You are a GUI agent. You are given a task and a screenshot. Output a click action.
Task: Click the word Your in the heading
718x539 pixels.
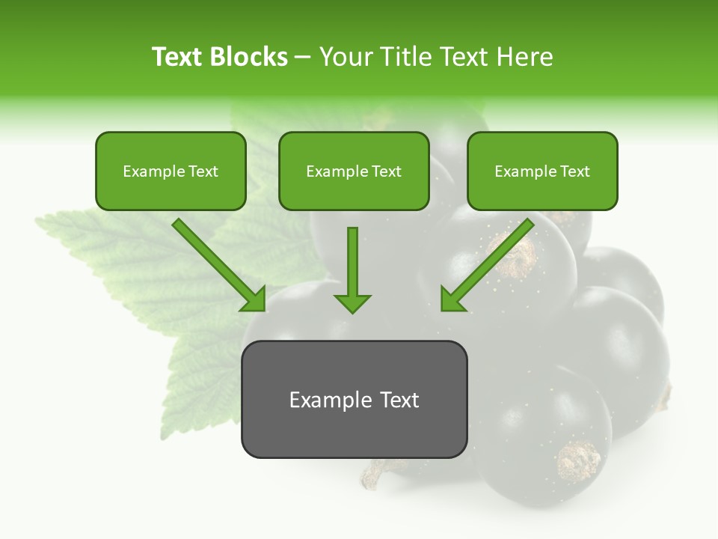[343, 57]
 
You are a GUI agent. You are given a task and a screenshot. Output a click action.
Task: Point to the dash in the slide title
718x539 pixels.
[303, 58]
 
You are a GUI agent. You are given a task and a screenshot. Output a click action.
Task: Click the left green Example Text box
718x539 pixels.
[171, 171]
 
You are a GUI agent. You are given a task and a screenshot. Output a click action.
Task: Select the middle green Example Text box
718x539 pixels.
[354, 171]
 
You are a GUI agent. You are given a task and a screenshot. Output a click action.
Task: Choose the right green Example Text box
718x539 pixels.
[542, 171]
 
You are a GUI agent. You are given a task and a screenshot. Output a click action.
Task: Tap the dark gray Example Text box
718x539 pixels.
[354, 400]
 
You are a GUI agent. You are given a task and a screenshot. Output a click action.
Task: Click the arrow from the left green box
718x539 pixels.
[217, 262]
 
